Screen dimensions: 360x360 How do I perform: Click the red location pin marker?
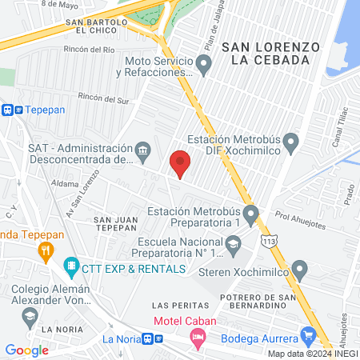(x=181, y=163)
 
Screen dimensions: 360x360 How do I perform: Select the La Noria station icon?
(x=147, y=339)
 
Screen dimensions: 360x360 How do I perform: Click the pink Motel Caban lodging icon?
(x=196, y=339)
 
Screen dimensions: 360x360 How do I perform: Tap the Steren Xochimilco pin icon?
(x=299, y=269)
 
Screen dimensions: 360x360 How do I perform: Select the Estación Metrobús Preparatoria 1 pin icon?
(x=251, y=214)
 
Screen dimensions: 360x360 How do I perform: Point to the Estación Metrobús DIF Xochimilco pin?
(x=291, y=144)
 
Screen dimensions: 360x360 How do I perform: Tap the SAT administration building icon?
(x=143, y=149)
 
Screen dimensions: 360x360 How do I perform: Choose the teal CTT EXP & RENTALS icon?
(x=71, y=265)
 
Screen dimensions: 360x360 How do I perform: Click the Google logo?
(x=26, y=350)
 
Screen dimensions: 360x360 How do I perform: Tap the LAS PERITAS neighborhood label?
(x=172, y=305)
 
